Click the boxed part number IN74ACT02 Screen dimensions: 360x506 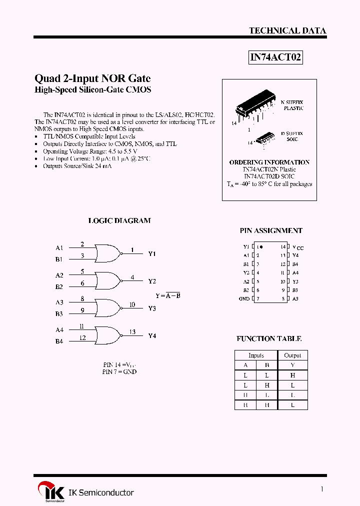tap(275, 57)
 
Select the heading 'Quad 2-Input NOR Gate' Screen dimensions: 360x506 tap(92, 78)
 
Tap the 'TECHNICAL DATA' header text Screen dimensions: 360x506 tap(287, 30)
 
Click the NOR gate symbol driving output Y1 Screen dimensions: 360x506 tap(107, 253)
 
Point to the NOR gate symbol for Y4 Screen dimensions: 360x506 tap(107, 335)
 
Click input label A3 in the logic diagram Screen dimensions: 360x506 tap(59, 302)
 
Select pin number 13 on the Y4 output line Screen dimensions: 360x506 tap(132, 331)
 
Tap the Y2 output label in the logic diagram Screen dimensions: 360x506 tap(152, 281)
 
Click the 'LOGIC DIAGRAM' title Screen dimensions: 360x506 tap(119, 220)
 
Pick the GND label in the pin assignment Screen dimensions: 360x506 tap(244, 298)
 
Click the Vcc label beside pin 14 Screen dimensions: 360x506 tap(298, 247)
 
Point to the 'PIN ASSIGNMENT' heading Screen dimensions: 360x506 tap(271, 230)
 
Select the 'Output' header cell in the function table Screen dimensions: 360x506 tap(292, 355)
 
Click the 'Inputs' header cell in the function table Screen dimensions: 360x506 tap(256, 355)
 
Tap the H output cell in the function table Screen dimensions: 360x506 tap(292, 375)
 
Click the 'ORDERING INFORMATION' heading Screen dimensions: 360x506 tap(269, 162)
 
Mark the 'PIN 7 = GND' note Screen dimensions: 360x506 tap(119, 371)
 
